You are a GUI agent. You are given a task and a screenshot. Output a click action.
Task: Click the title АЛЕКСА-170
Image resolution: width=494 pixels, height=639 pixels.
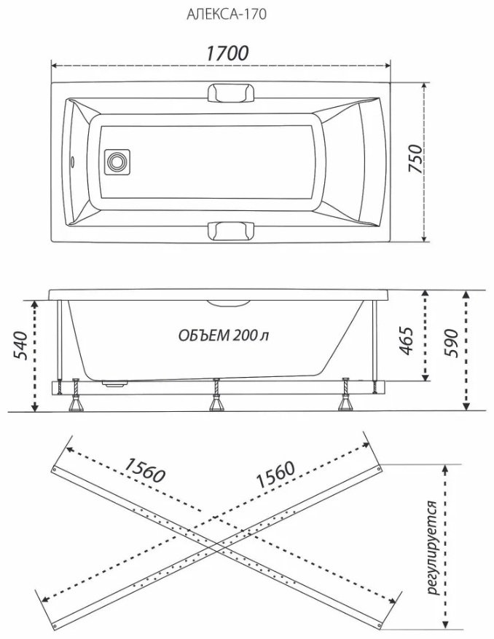pos(227,15)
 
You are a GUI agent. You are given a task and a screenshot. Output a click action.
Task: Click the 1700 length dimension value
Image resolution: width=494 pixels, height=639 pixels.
pos(227,53)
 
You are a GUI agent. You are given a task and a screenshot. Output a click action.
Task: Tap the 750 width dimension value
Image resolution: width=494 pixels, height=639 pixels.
pos(416,159)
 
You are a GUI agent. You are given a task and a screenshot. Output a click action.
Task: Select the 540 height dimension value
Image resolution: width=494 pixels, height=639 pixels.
pos(21,346)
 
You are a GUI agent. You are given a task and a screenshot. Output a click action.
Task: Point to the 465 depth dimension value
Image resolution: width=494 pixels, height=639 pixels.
pos(406,341)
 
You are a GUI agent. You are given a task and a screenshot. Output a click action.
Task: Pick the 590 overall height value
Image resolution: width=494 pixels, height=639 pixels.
pos(451,343)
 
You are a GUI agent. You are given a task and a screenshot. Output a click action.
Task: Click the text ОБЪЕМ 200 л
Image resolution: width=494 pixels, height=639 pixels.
pos(223,336)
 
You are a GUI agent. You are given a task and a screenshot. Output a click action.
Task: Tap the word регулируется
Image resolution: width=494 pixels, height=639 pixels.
pos(433,547)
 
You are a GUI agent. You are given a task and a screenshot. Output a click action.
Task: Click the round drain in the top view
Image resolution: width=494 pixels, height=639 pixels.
pos(117,162)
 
